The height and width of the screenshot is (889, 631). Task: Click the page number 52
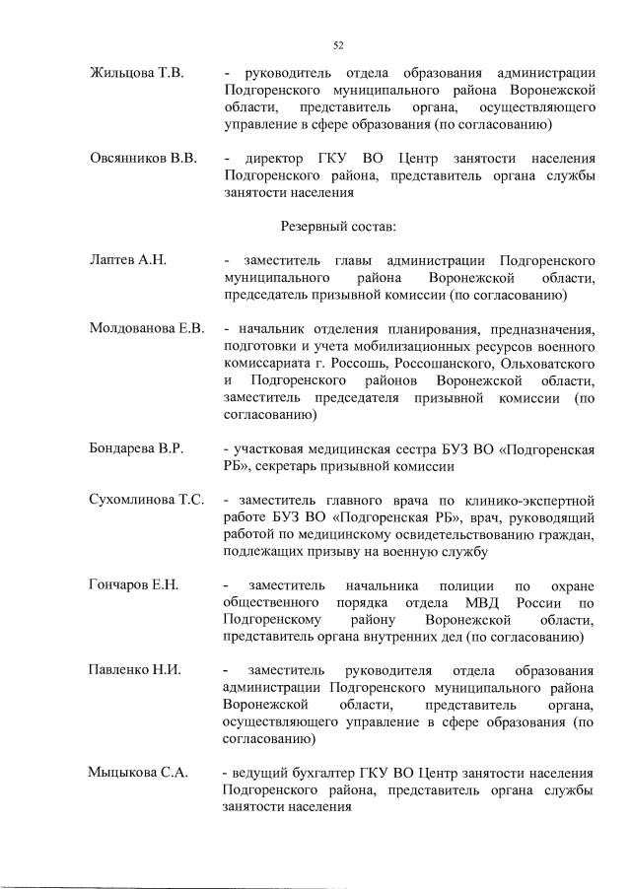coord(338,45)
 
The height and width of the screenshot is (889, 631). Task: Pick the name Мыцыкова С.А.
coord(138,773)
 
